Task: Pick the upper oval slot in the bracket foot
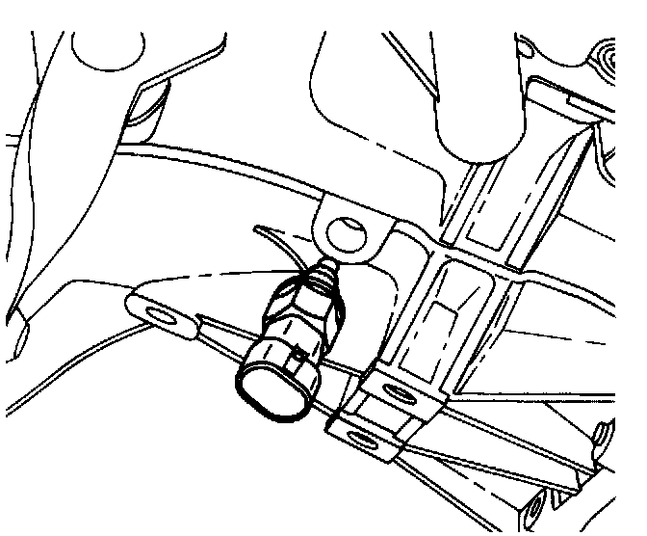pos(396,391)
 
